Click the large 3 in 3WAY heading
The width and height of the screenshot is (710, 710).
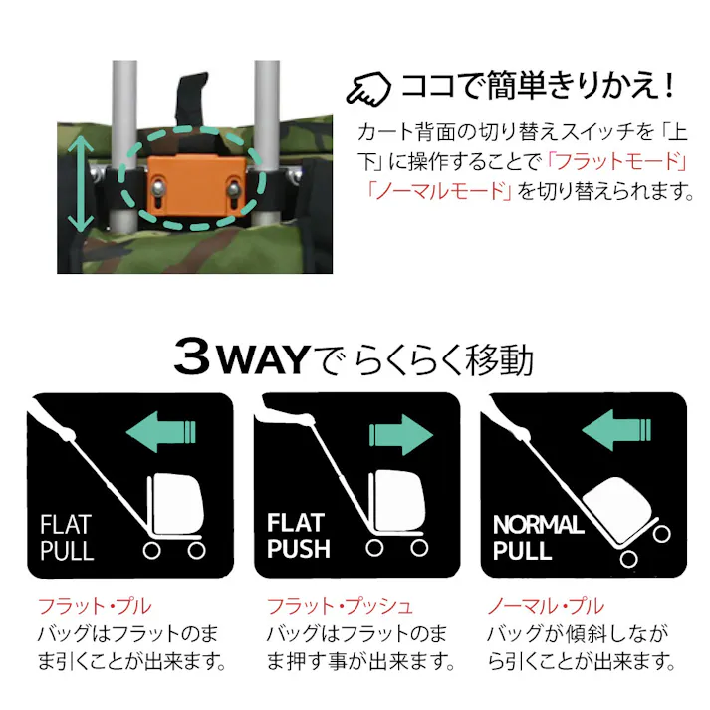click(x=194, y=357)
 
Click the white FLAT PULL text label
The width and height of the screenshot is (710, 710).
click(x=67, y=537)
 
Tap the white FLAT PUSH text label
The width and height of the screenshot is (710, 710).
click(x=298, y=536)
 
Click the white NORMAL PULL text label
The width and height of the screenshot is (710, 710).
click(x=538, y=537)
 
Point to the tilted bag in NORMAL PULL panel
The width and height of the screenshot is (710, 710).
click(x=619, y=508)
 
